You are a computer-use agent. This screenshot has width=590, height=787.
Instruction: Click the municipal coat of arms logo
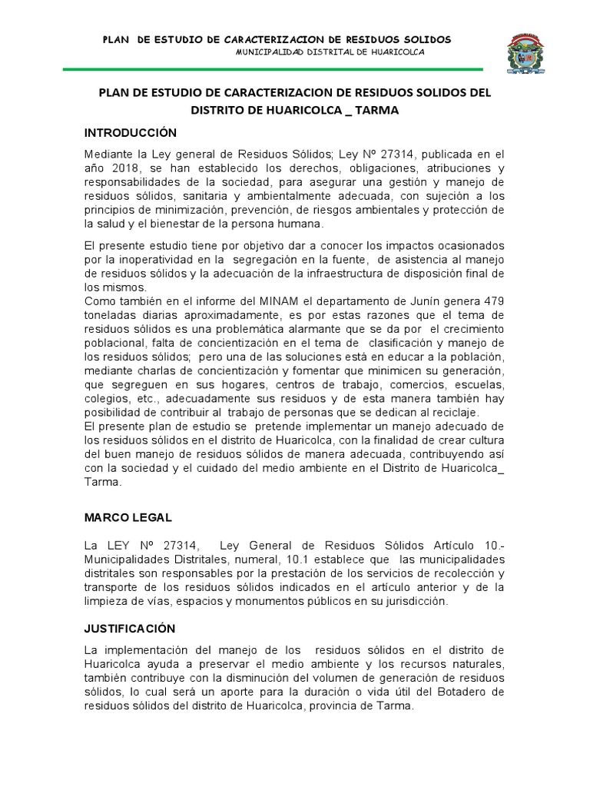(528, 54)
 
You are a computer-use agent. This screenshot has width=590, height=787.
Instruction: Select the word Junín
(416, 301)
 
